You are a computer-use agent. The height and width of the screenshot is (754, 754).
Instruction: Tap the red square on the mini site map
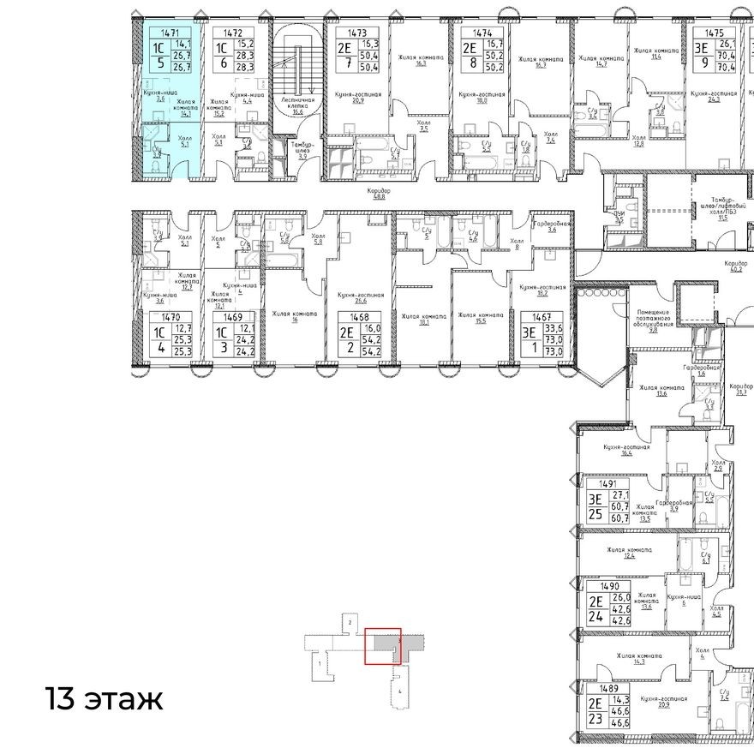382,646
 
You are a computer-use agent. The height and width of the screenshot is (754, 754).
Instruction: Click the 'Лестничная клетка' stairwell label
299,105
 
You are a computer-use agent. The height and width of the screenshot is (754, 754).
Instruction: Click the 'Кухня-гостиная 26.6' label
360,296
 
